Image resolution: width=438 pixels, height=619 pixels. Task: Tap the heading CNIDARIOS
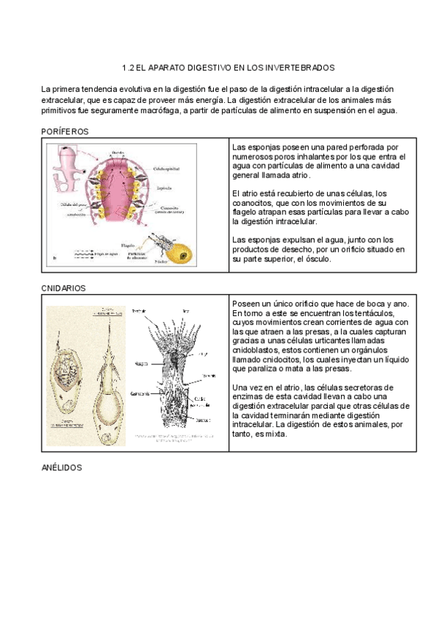[64, 288]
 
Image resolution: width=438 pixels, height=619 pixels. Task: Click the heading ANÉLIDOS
[61, 466]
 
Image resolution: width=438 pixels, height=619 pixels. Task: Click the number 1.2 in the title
[131, 67]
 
